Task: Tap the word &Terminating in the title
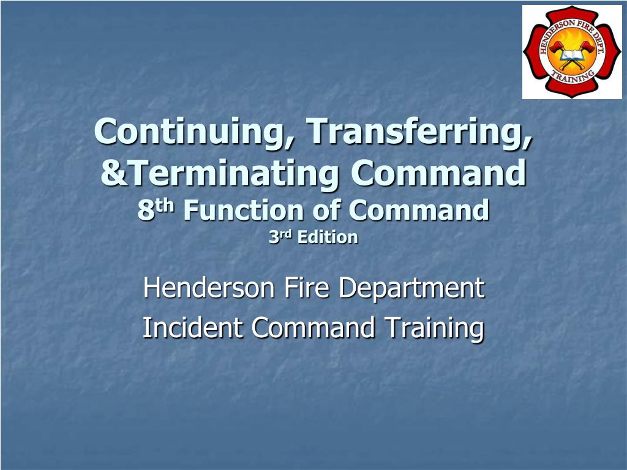click(x=220, y=173)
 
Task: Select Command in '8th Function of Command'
click(x=419, y=211)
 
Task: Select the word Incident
click(x=192, y=327)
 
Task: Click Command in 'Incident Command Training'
click(x=313, y=327)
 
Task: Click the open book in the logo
click(x=572, y=56)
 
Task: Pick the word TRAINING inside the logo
click(x=573, y=75)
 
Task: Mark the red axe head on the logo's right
click(x=587, y=47)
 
